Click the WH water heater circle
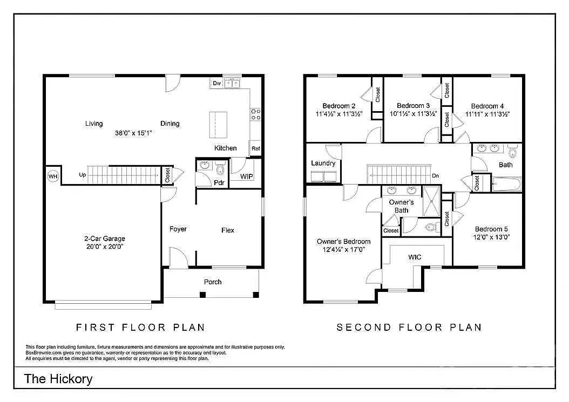pos(53,176)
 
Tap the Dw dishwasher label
pos(216,83)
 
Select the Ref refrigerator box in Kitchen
pos(256,148)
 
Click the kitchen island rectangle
pos(218,125)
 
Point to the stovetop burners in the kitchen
pos(256,114)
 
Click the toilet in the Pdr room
pos(220,169)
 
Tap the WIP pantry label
pos(247,176)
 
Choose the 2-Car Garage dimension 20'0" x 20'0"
pos(105,247)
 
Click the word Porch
pos(213,282)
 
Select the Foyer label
pos(178,229)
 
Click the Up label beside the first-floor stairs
pos(83,175)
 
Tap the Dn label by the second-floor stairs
pos(436,175)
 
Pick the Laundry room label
pos(323,163)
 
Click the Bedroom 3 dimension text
pos(414,114)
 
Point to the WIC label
pos(415,257)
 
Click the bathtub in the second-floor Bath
pos(506,185)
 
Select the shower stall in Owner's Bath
pos(432,201)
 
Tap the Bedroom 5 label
pos(491,229)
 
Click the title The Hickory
pos(58,379)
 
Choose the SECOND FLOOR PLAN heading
pos(409,327)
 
